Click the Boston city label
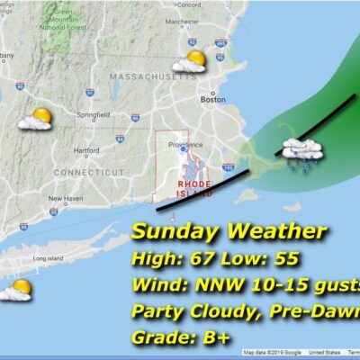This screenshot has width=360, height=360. tap(211, 100)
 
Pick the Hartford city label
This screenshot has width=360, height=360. tap(86, 150)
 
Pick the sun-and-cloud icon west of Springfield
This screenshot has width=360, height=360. tap(36, 119)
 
